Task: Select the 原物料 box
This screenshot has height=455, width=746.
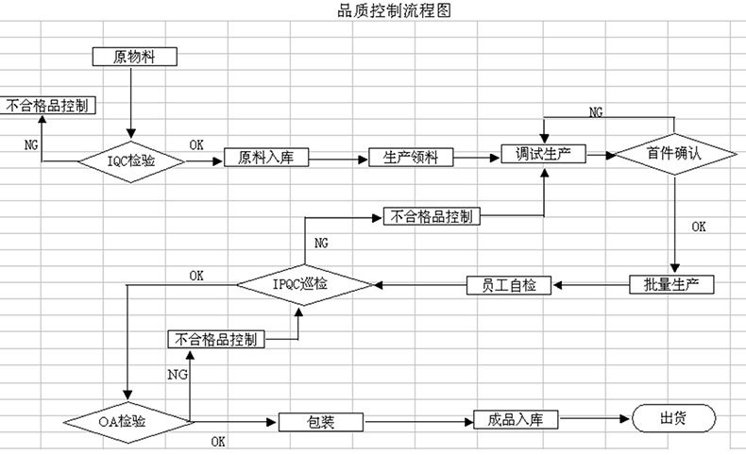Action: tap(134, 57)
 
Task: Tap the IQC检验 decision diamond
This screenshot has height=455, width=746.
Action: tap(131, 161)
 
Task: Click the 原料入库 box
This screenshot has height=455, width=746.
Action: tap(266, 158)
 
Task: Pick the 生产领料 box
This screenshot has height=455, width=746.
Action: tap(411, 157)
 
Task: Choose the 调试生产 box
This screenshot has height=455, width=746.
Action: tap(544, 154)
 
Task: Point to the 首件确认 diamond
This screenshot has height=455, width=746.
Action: tap(673, 154)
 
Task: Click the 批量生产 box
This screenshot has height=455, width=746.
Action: tap(671, 284)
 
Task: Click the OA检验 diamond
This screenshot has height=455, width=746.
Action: tap(127, 418)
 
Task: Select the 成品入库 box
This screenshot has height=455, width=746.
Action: tap(517, 419)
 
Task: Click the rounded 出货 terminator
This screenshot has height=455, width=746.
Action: tap(673, 418)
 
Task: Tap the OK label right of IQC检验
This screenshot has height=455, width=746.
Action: tap(196, 144)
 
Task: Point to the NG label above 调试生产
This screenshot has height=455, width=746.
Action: tap(596, 111)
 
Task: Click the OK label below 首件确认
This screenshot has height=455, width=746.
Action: tap(699, 227)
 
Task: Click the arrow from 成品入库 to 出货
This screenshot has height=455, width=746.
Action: tap(596, 419)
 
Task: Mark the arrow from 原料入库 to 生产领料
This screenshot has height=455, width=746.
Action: tap(338, 158)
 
